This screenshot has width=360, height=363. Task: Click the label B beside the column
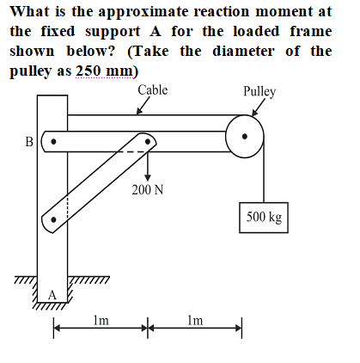coord(29,142)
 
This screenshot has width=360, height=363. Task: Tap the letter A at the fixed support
coord(52,295)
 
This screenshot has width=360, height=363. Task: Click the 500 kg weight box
coord(264,218)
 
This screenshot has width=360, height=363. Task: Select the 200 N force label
coord(148,189)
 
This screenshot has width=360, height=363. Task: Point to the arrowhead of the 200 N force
coord(148,177)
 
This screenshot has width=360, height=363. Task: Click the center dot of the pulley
coord(245,137)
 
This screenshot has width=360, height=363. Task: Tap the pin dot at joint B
coord(53,142)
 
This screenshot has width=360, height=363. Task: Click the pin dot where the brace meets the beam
coord(148,141)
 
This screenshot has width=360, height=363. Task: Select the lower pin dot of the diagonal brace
coord(53,220)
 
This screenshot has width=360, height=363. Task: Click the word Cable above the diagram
coord(153,89)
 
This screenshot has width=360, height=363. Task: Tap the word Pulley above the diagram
coord(259,91)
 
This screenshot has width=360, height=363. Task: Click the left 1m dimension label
coord(101,320)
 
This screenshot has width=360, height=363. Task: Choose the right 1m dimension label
coord(195,320)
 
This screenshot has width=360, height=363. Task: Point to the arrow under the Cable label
coord(143,106)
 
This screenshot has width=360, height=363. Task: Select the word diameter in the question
coord(243,51)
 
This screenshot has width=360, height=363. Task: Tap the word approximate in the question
coord(143,12)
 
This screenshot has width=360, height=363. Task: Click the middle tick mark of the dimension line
coord(148,328)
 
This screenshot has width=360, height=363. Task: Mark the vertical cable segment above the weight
coord(264,169)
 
